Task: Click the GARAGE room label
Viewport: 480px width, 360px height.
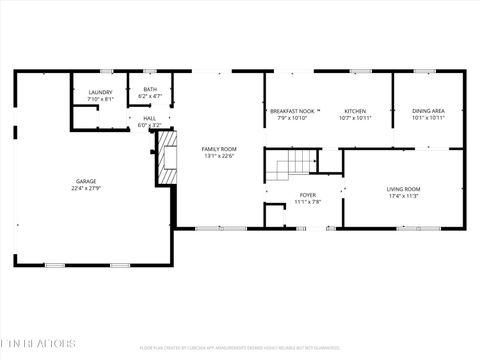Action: pyautogui.click(x=85, y=181)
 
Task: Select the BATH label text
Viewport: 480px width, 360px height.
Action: pyautogui.click(x=150, y=89)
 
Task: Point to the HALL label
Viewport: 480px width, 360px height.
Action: pyautogui.click(x=149, y=118)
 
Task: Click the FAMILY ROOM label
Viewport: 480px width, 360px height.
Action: pyautogui.click(x=218, y=148)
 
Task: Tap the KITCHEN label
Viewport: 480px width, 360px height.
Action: pyautogui.click(x=355, y=111)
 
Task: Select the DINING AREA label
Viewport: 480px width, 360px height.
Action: pyautogui.click(x=428, y=111)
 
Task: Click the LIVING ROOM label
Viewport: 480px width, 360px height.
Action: pyautogui.click(x=404, y=189)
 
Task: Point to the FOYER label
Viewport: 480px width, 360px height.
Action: pyautogui.click(x=307, y=195)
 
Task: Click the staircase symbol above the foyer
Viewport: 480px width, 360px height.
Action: pyautogui.click(x=291, y=162)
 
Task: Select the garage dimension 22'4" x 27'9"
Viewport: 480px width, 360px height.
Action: pyautogui.click(x=85, y=188)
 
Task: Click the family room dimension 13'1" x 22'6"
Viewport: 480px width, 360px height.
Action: pyautogui.click(x=218, y=155)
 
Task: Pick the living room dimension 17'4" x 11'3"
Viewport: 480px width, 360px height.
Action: pyautogui.click(x=404, y=196)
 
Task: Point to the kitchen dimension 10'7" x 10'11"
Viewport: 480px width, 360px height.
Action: pyautogui.click(x=355, y=118)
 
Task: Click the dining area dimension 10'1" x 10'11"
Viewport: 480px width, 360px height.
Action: pyautogui.click(x=428, y=118)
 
